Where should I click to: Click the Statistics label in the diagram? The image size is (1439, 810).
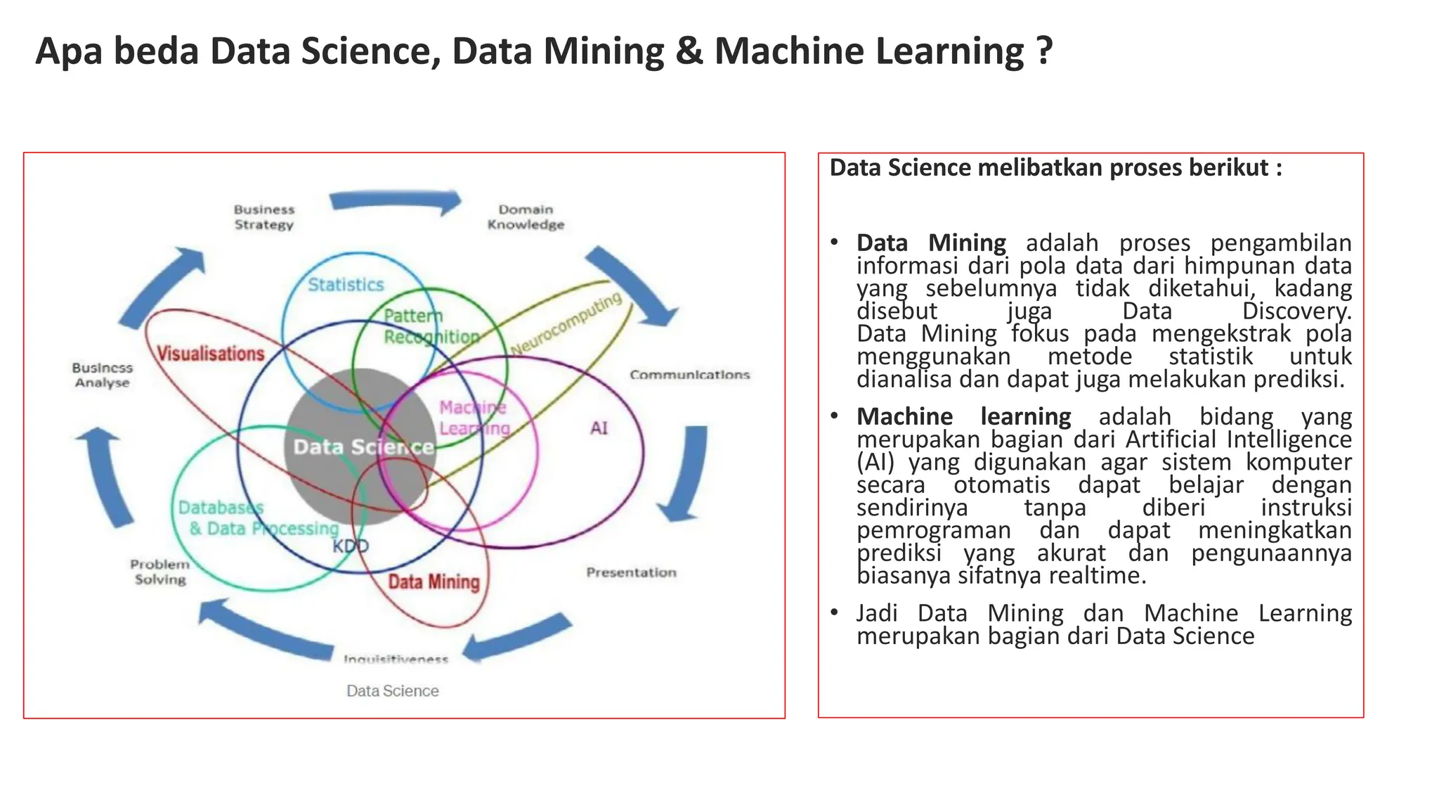point(346,285)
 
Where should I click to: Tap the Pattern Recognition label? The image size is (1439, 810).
point(431,326)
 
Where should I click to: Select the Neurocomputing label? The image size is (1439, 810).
point(566,324)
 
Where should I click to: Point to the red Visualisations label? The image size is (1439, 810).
point(210,354)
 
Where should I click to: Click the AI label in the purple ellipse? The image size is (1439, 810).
point(599,428)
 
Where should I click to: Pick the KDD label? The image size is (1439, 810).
point(350,546)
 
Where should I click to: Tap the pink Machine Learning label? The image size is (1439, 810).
point(474,418)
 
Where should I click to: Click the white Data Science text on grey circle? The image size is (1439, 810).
point(363,447)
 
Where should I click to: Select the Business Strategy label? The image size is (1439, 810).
point(264,217)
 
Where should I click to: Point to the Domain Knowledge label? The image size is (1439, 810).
point(526,217)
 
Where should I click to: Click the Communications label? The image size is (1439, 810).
point(689,375)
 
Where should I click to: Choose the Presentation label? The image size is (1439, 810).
point(631,572)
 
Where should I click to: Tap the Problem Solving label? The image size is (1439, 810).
point(160,572)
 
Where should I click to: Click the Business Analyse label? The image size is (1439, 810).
point(103,375)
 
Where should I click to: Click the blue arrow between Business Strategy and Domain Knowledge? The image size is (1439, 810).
point(396,202)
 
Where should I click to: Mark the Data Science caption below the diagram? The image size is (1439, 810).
point(392,691)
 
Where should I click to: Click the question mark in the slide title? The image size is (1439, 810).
point(1044,51)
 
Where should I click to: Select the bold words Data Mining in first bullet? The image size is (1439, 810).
point(931,243)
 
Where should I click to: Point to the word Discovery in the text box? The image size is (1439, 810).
point(1296,311)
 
